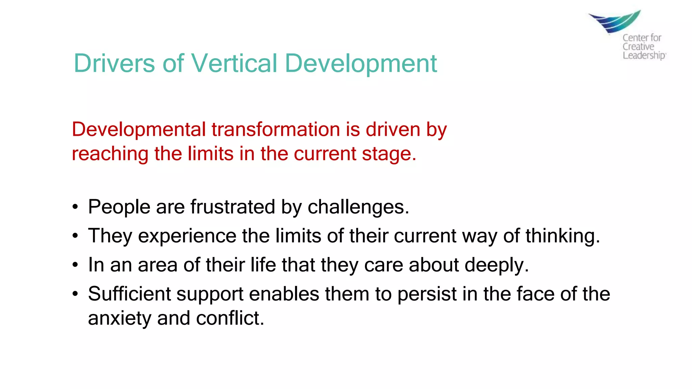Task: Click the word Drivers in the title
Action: [x=114, y=63]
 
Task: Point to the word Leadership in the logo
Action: [x=644, y=55]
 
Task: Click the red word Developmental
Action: [x=139, y=130]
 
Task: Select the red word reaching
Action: [x=110, y=154]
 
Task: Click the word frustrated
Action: [x=232, y=207]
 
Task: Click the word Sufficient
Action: [x=129, y=294]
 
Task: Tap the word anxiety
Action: [x=120, y=318]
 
